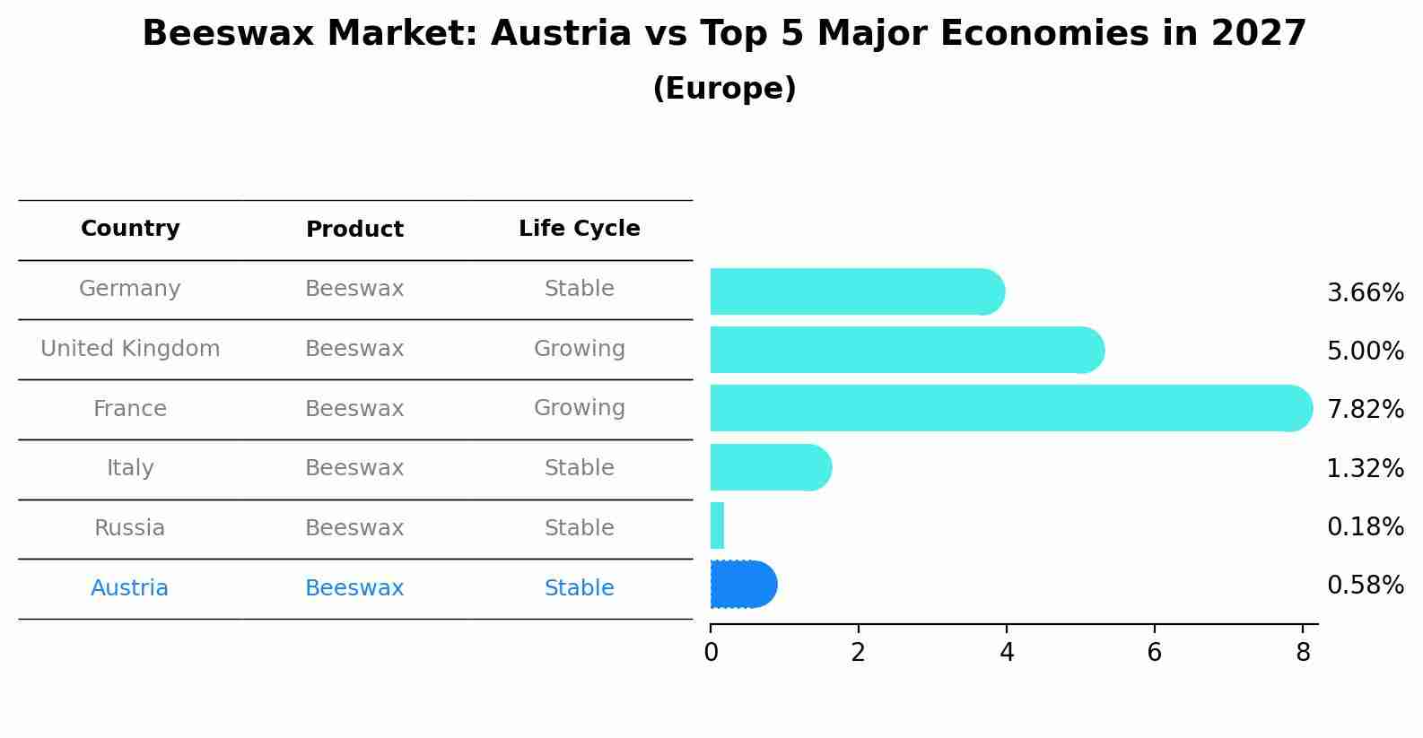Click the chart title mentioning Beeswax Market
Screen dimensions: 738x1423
[724, 34]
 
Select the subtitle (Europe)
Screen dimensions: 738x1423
[724, 89]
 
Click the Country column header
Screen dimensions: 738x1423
[130, 229]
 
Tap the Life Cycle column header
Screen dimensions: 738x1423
[579, 229]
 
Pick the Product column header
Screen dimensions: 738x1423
[354, 230]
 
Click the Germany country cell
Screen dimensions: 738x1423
[130, 289]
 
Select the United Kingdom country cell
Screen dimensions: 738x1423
[130, 349]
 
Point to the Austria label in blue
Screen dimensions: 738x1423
[129, 588]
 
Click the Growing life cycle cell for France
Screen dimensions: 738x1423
[579, 408]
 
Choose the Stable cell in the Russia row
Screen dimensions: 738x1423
[579, 528]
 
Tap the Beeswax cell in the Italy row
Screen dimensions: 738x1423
[354, 468]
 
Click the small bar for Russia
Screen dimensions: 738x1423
[717, 525]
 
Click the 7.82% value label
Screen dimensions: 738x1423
[1365, 410]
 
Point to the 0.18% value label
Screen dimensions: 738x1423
[1365, 527]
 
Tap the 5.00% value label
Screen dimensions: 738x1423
[1365, 351]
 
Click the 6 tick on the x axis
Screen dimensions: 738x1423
[1154, 653]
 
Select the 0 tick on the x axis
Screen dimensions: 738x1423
[711, 653]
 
